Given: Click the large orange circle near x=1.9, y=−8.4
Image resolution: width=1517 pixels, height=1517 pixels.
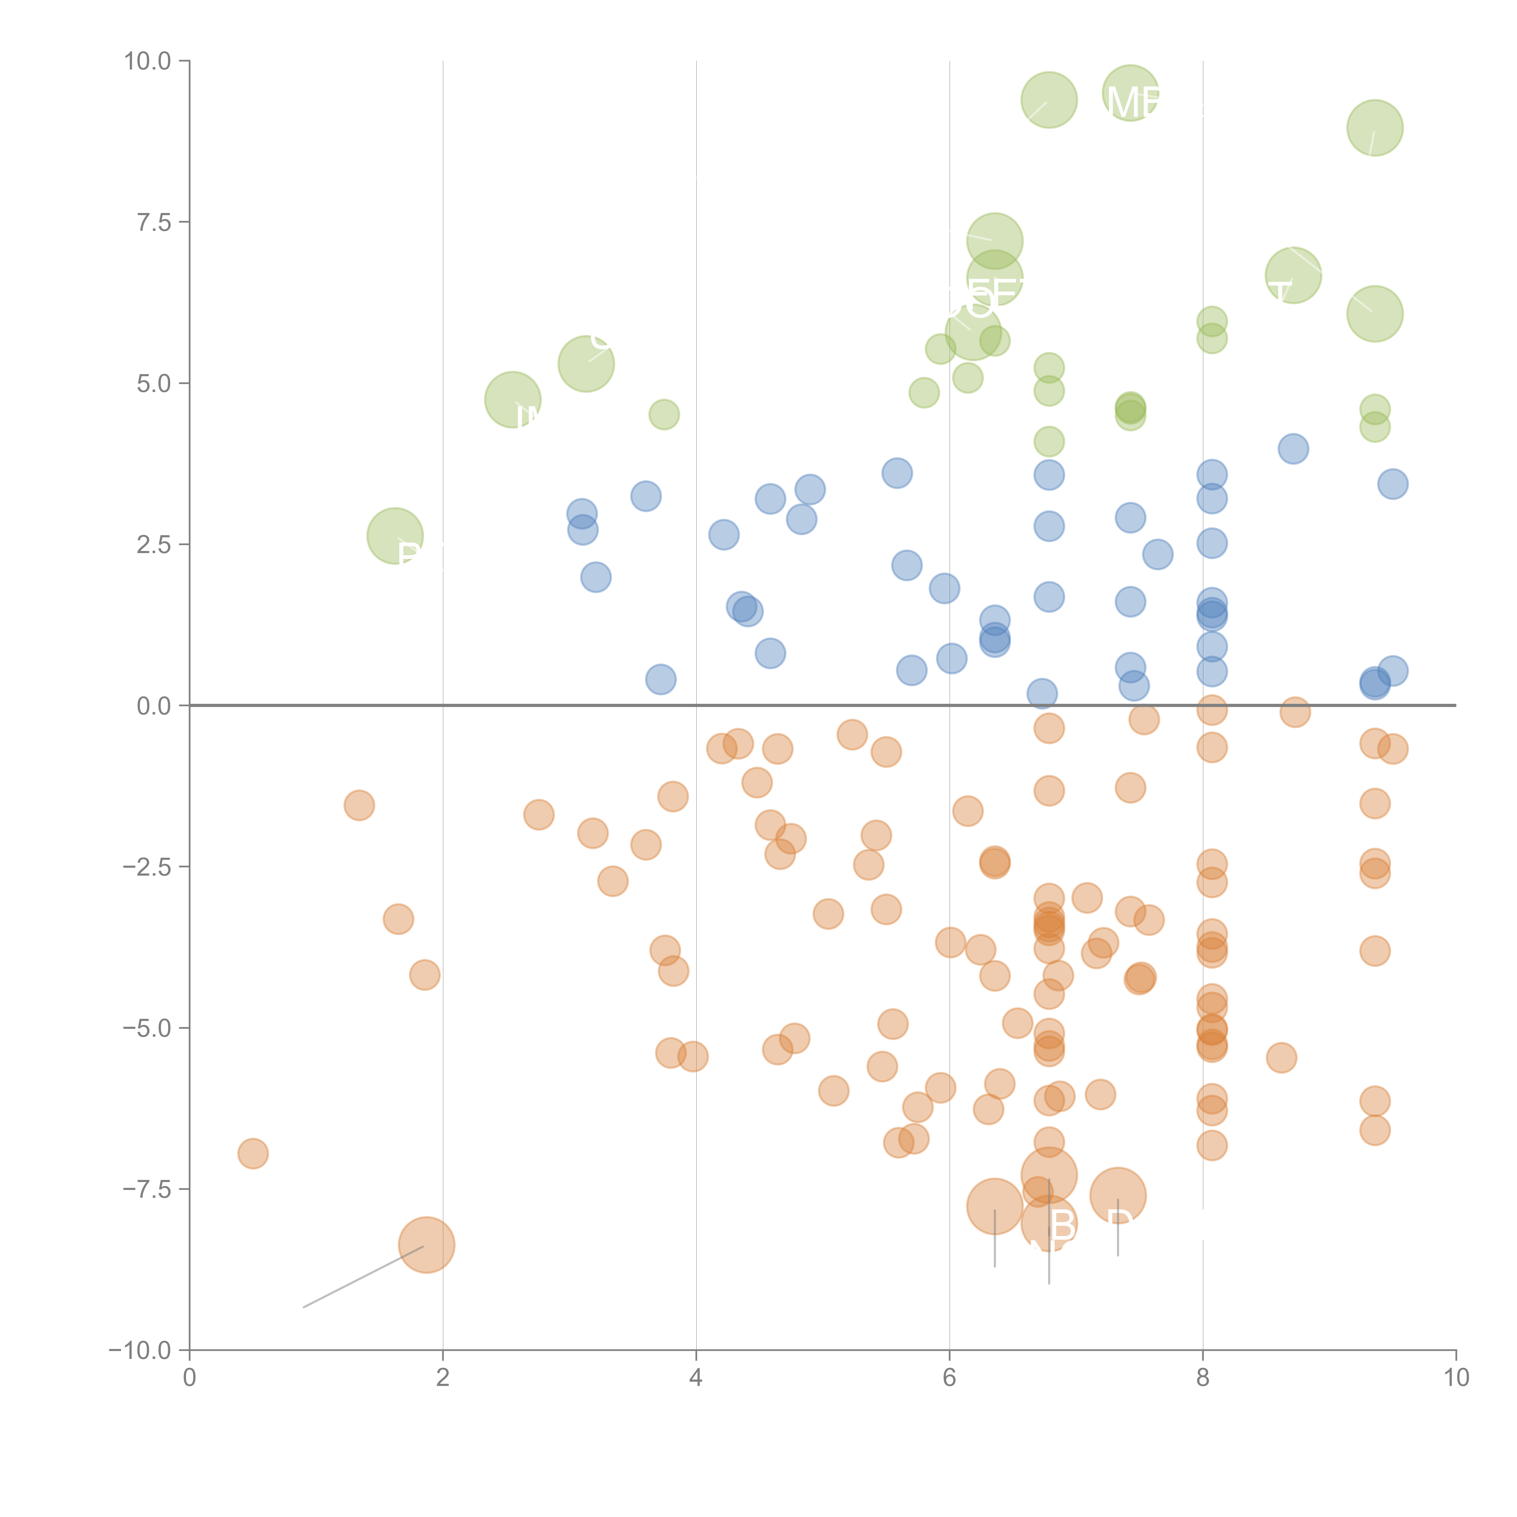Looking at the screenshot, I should pos(426,1245).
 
